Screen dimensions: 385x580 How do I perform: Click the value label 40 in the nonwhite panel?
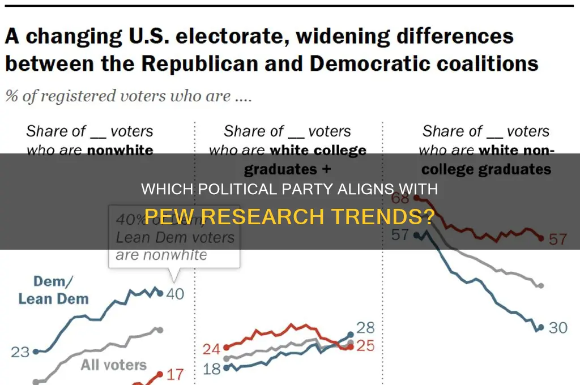[176, 293]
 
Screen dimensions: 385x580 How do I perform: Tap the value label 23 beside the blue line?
[20, 352]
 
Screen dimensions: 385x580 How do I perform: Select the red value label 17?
[176, 374]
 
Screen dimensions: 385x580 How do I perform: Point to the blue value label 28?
[365, 328]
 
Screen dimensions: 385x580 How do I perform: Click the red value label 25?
[365, 345]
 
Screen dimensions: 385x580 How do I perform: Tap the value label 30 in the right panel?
[558, 328]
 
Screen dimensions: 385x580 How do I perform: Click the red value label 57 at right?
[558, 239]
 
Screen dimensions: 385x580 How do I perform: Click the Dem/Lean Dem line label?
[53, 290]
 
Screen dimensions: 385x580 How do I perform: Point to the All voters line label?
[113, 365]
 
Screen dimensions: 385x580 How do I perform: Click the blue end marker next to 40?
[160, 293]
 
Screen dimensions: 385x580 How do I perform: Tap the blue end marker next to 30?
[541, 327]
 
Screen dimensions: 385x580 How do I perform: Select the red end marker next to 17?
[160, 374]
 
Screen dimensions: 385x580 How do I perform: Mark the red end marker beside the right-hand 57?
[541, 238]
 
